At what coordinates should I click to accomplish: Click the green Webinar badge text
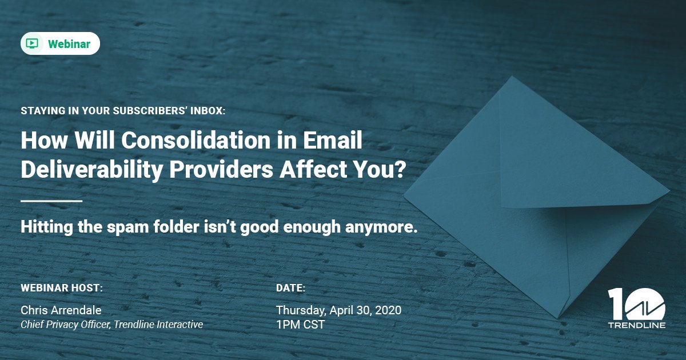(69, 44)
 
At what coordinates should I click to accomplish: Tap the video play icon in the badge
(33, 43)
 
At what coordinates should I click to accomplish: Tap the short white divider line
(51, 201)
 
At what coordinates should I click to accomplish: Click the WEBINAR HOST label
(62, 287)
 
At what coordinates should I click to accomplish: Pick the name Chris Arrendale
(61, 310)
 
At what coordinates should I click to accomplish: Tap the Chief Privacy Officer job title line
(111, 325)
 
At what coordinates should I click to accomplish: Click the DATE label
(290, 287)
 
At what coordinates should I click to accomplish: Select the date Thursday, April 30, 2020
(338, 310)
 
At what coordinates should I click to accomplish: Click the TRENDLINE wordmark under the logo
(637, 325)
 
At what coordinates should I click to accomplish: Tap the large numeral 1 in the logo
(616, 303)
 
